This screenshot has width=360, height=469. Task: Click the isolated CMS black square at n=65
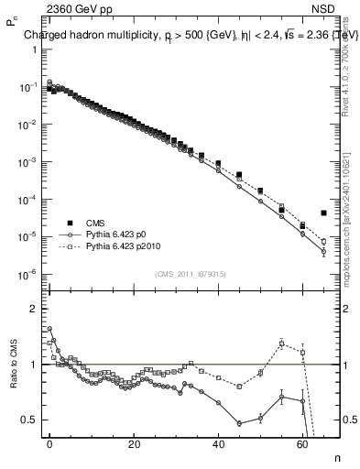(x=323, y=213)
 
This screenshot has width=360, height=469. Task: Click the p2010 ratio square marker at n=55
(x=281, y=344)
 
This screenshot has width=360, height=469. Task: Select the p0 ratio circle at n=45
(x=239, y=423)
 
